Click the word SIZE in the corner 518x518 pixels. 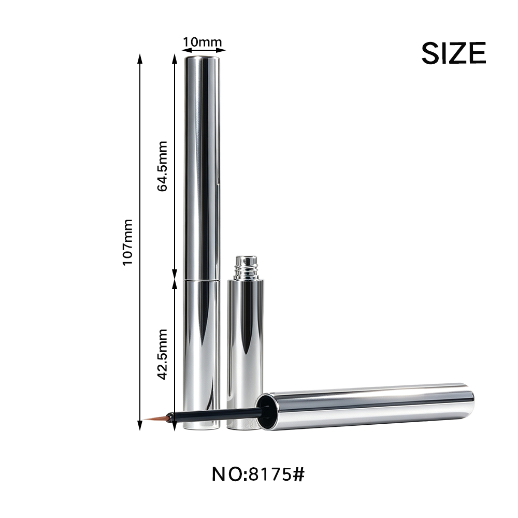click(x=454, y=53)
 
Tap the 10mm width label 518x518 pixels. click(x=202, y=42)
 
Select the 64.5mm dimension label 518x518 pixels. click(x=162, y=166)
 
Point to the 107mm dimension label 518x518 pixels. click(x=127, y=242)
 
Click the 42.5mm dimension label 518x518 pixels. click(x=162, y=354)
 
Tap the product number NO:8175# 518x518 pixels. click(x=258, y=474)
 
